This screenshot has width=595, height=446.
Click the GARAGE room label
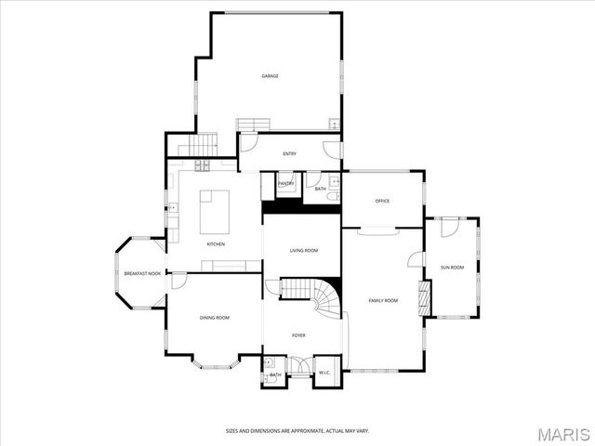[270, 76]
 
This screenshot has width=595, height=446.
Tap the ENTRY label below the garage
[289, 153]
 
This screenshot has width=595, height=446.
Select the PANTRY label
[286, 184]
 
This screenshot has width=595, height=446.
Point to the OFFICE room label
[381, 201]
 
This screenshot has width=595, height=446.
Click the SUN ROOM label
[452, 268]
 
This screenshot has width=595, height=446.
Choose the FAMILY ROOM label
[383, 300]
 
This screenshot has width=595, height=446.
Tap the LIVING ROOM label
[303, 251]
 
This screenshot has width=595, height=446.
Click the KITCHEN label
[216, 244]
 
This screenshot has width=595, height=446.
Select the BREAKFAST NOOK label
[142, 273]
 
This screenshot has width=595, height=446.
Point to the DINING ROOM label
[215, 318]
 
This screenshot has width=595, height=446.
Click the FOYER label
[298, 335]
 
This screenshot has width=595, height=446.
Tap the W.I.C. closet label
[324, 374]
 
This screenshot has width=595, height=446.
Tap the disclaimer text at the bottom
[297, 430]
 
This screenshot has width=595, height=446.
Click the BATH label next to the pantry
[320, 189]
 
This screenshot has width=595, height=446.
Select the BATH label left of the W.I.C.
[275, 374]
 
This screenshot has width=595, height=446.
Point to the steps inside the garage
[252, 125]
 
